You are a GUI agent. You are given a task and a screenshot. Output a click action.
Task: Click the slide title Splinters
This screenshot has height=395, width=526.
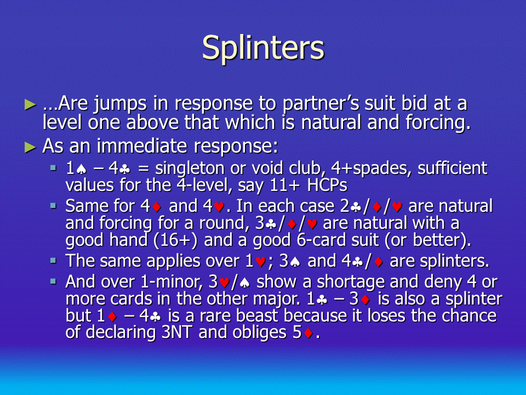[x=264, y=48]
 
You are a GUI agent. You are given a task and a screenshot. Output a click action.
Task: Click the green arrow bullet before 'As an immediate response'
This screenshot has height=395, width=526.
[x=30, y=147]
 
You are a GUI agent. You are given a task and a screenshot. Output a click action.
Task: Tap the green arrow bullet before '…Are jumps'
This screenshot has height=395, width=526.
[x=30, y=104]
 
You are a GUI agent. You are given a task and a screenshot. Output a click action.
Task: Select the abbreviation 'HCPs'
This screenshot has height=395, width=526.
[x=327, y=185]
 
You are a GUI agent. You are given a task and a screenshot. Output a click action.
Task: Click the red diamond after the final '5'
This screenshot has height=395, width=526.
[x=308, y=334]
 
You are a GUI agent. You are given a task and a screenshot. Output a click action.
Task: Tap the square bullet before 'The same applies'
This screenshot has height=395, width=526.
[x=53, y=259]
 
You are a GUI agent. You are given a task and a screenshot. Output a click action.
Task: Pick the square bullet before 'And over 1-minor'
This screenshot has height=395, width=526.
[x=53, y=281]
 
